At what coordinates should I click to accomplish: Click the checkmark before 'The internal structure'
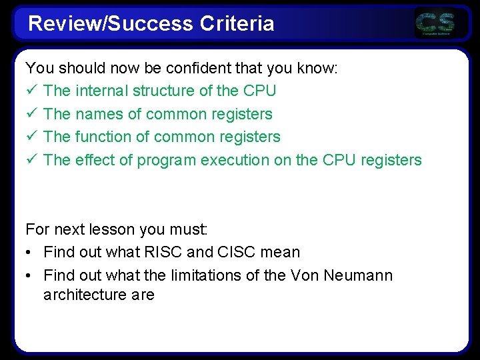[31, 91]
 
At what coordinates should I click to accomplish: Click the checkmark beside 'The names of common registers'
[31, 114]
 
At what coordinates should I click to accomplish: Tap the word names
[99, 114]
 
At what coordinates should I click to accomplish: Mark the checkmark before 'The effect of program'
[31, 160]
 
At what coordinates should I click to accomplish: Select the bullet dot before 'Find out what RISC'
[29, 253]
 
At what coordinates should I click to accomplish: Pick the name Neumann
[358, 275]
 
